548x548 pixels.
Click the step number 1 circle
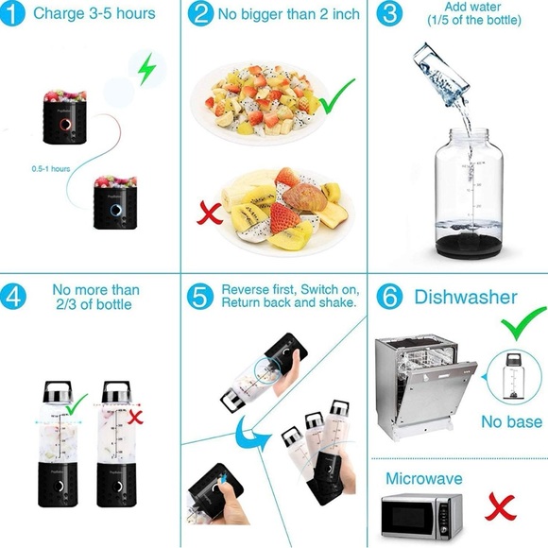pyautogui.click(x=14, y=14)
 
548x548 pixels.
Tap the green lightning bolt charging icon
pyautogui.click(x=145, y=69)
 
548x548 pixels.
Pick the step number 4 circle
pyautogui.click(x=14, y=296)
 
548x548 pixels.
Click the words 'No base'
pyautogui.click(x=511, y=421)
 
